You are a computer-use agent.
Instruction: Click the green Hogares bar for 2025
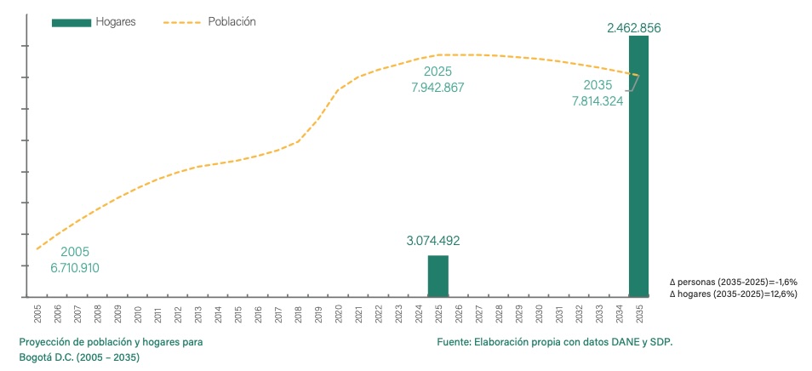[437, 276]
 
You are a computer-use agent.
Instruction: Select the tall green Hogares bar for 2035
[638, 170]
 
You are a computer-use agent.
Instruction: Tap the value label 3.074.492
[438, 241]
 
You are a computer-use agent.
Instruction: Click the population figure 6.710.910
[75, 267]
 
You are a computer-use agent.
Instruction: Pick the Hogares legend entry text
[116, 21]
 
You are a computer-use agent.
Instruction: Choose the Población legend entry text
[232, 21]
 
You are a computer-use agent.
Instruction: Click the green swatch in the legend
[71, 21]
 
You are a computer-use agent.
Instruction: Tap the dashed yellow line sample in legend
[180, 21]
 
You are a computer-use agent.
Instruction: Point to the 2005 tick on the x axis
[37, 312]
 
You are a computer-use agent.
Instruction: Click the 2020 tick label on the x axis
[338, 312]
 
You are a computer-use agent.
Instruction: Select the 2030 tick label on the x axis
[539, 312]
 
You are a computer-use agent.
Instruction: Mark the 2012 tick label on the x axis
[178, 312]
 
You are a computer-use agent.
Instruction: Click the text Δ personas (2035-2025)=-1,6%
[734, 282]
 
